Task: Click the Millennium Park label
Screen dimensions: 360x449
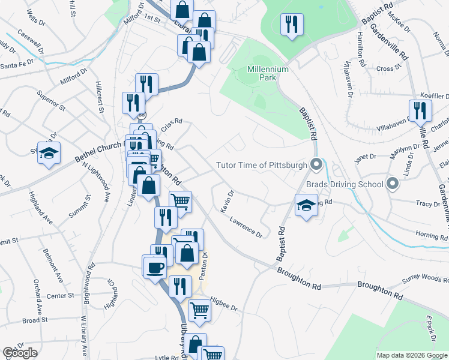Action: tap(268, 69)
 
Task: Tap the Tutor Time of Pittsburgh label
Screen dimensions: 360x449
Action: tap(262, 164)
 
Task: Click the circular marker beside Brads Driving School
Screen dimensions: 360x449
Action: tap(393, 184)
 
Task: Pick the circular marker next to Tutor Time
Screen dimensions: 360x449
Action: tap(318, 164)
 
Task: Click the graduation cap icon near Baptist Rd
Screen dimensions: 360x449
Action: tap(306, 205)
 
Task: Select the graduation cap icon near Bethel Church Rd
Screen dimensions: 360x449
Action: tap(49, 153)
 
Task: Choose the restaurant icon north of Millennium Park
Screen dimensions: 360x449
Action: tap(292, 25)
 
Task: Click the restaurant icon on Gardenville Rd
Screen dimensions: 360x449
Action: tap(420, 111)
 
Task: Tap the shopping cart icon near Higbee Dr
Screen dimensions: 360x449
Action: tap(200, 310)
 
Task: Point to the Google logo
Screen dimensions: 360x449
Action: tap(20, 353)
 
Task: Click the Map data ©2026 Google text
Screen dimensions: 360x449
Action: tap(412, 355)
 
